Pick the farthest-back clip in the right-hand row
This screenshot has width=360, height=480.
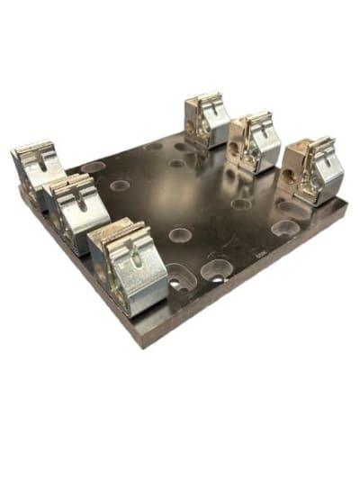[205, 118]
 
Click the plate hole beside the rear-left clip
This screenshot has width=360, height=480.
[93, 167]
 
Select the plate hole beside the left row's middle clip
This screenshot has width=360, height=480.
[120, 186]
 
